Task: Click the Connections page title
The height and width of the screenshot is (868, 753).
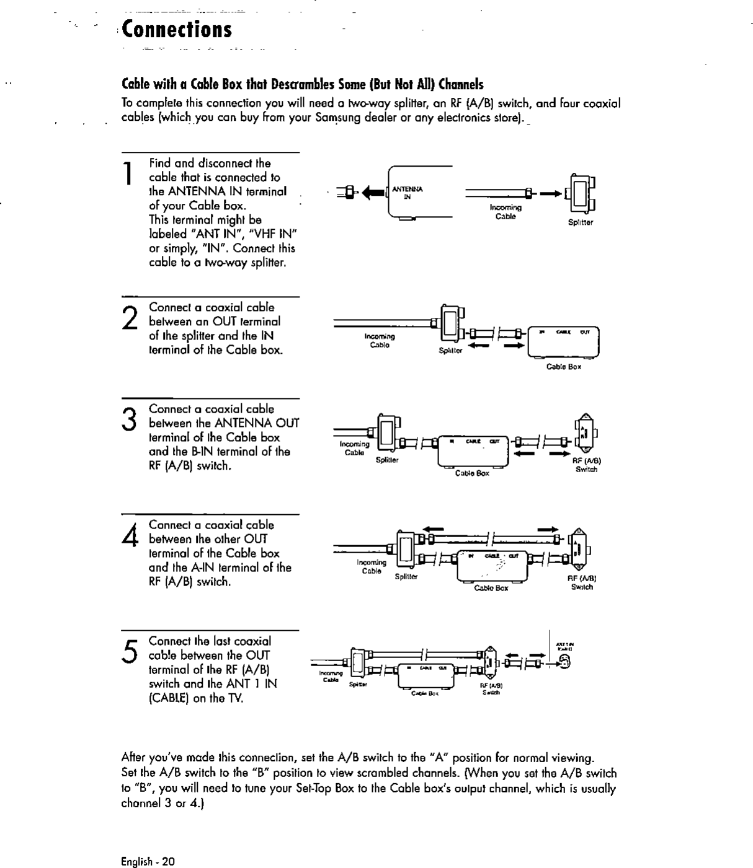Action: [177, 29]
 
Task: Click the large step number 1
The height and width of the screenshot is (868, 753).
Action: [127, 173]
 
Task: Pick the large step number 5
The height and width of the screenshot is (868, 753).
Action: [130, 650]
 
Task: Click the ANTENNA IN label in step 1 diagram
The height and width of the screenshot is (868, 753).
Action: [408, 193]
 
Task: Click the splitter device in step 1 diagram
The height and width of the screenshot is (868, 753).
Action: [581, 193]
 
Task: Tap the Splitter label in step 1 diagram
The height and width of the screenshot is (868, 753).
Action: [581, 222]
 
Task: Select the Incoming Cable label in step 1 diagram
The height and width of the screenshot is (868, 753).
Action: [506, 212]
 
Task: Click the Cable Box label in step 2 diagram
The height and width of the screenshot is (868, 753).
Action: [563, 367]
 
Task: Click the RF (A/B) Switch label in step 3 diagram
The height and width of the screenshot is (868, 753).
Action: [586, 465]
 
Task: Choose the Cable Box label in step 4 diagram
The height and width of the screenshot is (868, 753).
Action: [491, 588]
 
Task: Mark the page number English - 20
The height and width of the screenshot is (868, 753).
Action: [148, 861]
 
